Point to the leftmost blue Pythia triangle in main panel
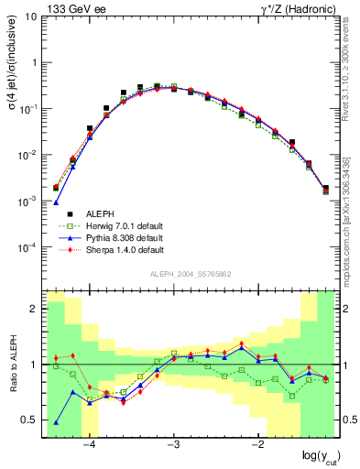(x=56, y=202)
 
